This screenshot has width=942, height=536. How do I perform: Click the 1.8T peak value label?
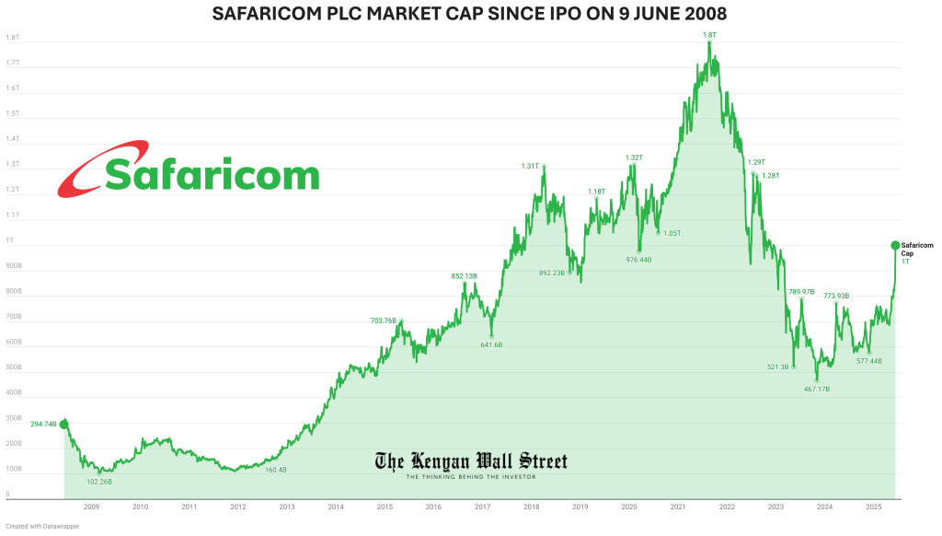[708, 35]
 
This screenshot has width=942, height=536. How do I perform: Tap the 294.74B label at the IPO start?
[43, 424]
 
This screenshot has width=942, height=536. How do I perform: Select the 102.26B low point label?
[98, 482]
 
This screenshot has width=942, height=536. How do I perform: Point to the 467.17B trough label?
[816, 390]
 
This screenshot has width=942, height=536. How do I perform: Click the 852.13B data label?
[464, 276]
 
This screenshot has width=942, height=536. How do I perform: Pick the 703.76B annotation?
[383, 320]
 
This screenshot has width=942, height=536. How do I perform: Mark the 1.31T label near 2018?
[529, 167]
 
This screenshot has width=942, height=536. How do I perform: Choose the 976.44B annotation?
[638, 260]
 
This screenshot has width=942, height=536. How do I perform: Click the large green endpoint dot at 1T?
[895, 245]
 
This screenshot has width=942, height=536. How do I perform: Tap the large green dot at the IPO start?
[63, 424]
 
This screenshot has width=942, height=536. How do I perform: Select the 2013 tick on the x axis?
[287, 507]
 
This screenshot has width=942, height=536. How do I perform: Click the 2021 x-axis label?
[678, 507]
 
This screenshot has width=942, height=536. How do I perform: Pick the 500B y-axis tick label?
[14, 367]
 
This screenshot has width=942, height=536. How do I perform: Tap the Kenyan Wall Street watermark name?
[471, 461]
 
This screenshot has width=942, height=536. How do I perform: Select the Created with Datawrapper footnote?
[37, 528]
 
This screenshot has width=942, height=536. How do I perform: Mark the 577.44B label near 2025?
[868, 361]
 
